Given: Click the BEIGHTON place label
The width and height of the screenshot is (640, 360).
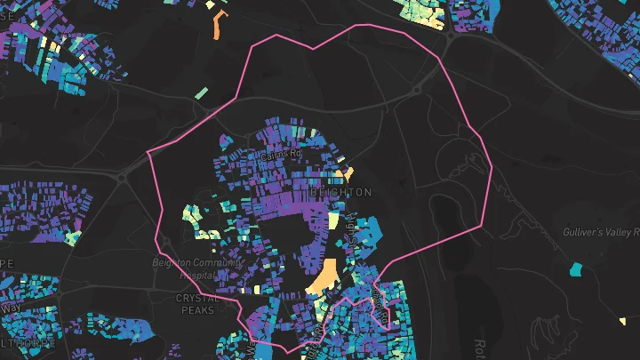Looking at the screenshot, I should (341, 192).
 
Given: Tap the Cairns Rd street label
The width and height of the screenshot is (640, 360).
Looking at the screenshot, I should (282, 154).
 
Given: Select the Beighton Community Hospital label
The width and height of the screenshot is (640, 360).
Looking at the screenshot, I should (197, 269).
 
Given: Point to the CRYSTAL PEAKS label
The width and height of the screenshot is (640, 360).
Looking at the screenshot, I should (197, 304).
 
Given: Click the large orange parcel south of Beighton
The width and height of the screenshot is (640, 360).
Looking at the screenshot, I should (324, 276).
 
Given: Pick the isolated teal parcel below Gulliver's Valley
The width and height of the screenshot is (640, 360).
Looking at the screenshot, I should (578, 267).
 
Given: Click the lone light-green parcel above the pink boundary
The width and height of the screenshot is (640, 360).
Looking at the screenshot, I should (202, 92).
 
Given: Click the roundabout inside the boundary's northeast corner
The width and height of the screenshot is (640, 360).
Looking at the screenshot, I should (417, 89).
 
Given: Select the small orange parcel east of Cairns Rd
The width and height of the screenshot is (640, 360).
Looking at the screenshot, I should (348, 172).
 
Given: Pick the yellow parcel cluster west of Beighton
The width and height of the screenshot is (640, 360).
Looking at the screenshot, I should (191, 213).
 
